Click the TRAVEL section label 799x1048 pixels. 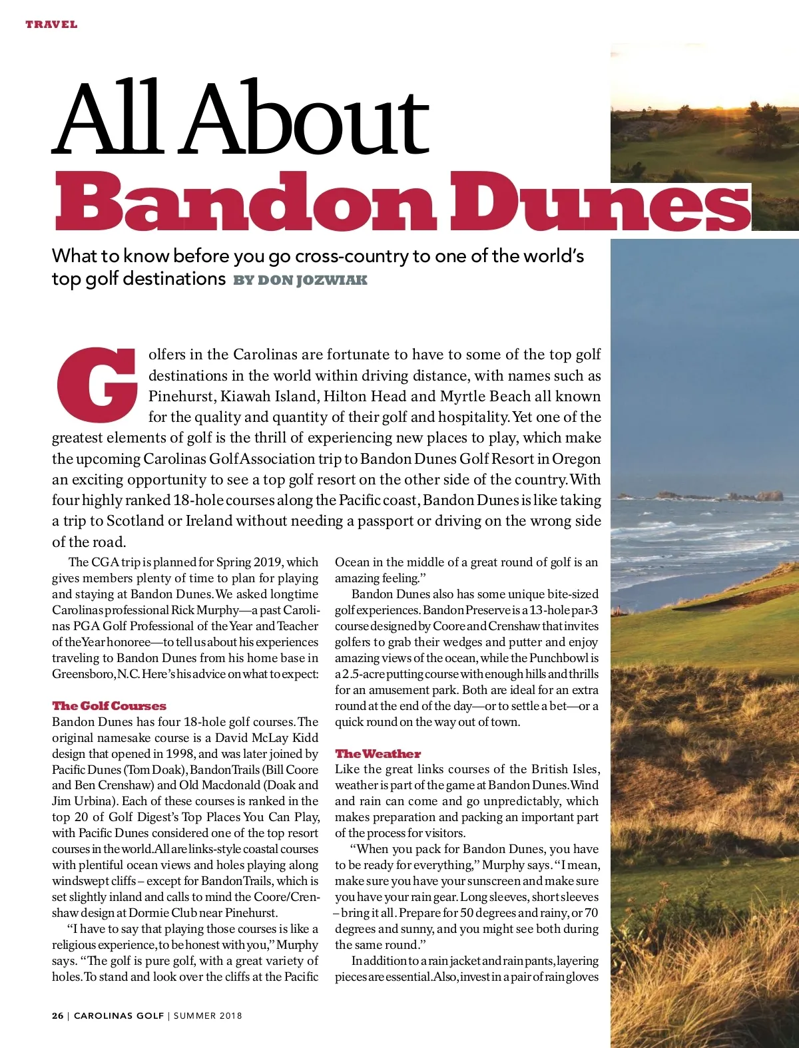(x=51, y=25)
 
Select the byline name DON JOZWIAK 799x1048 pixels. (x=312, y=280)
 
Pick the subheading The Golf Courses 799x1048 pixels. (x=109, y=706)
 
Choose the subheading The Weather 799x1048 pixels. (x=378, y=754)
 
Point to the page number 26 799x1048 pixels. (x=58, y=1016)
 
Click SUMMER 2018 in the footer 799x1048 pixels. (x=208, y=1016)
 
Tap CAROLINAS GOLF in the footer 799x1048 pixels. (x=119, y=1016)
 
